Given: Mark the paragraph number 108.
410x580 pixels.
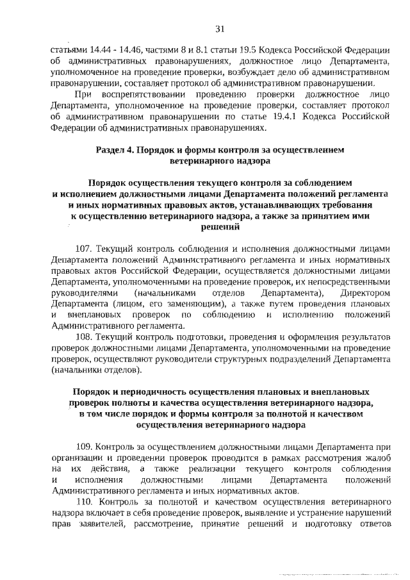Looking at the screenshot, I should coord(85,336).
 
